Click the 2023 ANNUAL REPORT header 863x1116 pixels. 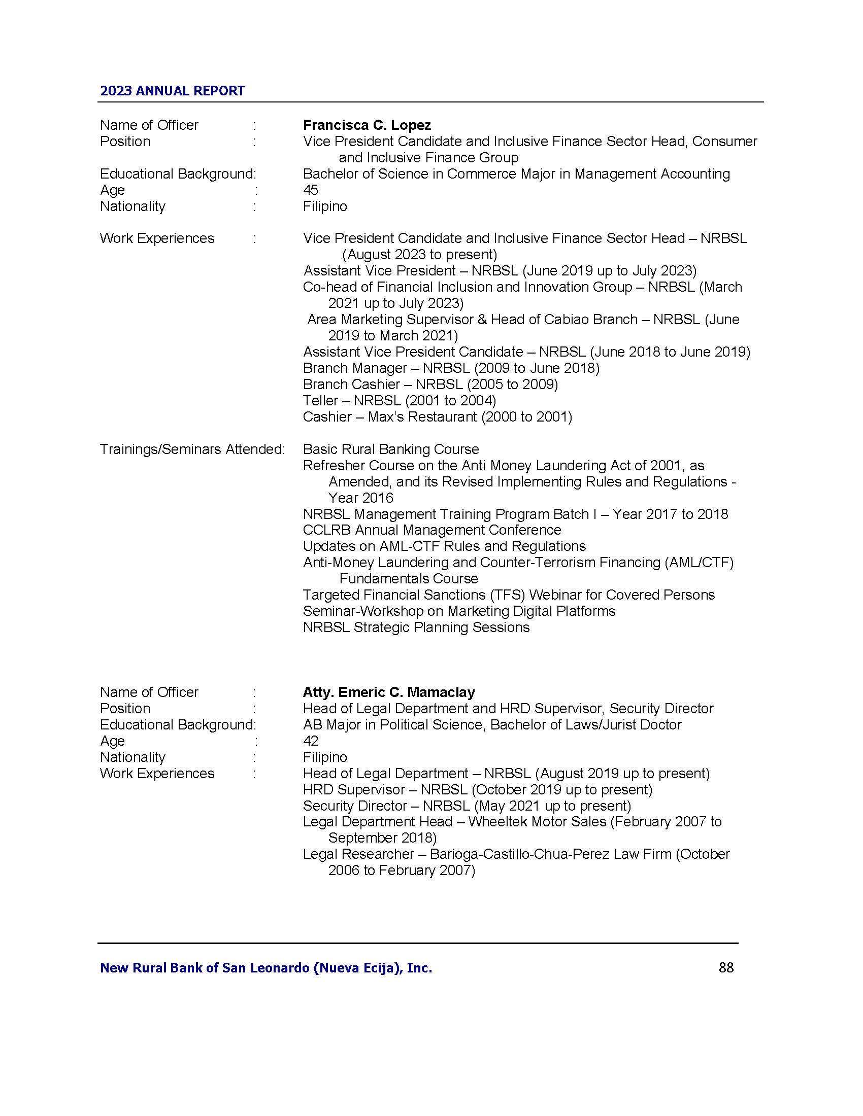(172, 91)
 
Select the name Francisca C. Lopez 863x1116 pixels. (367, 125)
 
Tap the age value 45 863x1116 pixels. (310, 190)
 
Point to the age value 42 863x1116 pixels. (310, 741)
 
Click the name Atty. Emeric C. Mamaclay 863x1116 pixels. (388, 692)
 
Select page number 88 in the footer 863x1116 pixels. (726, 967)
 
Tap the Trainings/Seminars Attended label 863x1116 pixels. (192, 449)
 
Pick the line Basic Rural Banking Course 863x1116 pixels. (390, 449)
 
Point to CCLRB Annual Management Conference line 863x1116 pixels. (432, 531)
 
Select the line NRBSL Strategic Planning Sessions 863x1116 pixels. (416, 627)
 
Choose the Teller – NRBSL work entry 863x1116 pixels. (399, 401)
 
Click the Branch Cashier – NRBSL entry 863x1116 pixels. (430, 385)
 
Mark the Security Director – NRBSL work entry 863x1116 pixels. (466, 806)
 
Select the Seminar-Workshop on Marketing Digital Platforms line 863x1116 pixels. (458, 611)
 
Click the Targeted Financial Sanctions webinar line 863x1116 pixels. (508, 596)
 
